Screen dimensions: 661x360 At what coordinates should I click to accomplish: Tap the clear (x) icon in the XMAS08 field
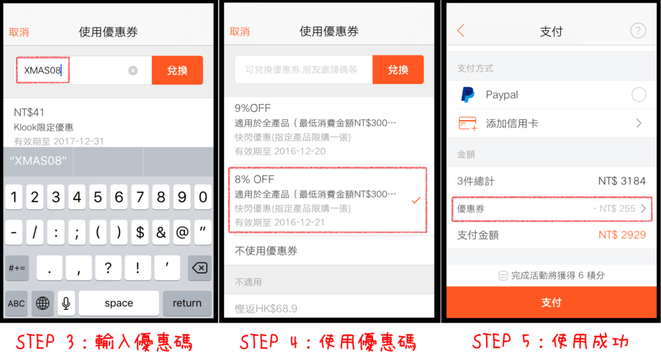pyautogui.click(x=133, y=70)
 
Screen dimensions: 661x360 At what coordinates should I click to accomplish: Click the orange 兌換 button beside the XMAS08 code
pyautogui.click(x=177, y=70)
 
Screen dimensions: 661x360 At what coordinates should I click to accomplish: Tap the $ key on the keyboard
pyautogui.click(x=140, y=232)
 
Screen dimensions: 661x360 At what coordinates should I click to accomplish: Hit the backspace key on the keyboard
pyautogui.click(x=199, y=268)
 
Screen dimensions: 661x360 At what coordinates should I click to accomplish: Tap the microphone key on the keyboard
pyautogui.click(x=66, y=303)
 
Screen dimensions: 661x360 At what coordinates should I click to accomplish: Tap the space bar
pyautogui.click(x=119, y=303)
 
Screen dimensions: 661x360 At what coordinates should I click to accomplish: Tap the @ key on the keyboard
pyautogui.click(x=182, y=232)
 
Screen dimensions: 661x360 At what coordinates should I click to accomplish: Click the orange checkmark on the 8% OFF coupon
pyautogui.click(x=416, y=200)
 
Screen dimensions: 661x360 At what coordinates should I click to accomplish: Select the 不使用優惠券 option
pyautogui.click(x=266, y=251)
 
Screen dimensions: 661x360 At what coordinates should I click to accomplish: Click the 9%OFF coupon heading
pyautogui.click(x=253, y=108)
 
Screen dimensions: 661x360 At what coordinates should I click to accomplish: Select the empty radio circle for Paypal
pyautogui.click(x=638, y=95)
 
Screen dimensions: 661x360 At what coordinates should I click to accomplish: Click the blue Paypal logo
pyautogui.click(x=467, y=95)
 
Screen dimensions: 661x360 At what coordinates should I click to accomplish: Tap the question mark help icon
pyautogui.click(x=638, y=31)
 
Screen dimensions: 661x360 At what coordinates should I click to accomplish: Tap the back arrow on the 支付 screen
pyautogui.click(x=461, y=31)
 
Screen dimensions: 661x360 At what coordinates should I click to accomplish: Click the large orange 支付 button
pyautogui.click(x=551, y=302)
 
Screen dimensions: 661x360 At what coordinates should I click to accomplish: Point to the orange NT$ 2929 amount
pyautogui.click(x=622, y=235)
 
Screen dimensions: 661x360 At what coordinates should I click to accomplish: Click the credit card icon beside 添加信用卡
pyautogui.click(x=468, y=123)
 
